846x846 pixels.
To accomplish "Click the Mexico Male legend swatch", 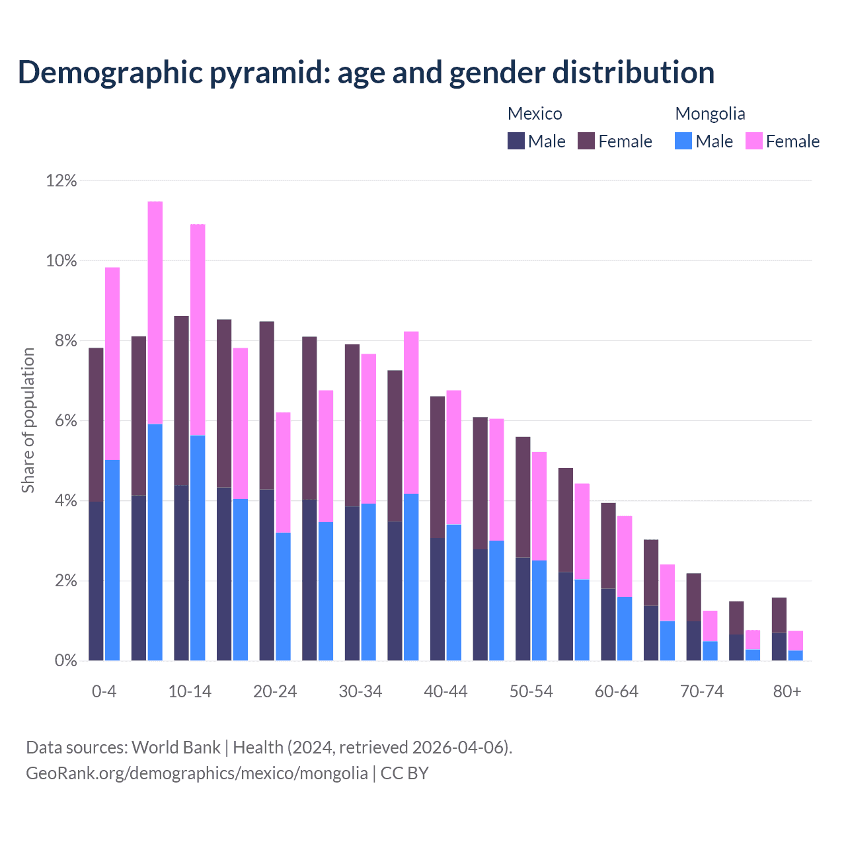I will tap(516, 141).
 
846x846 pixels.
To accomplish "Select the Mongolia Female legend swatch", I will tap(754, 141).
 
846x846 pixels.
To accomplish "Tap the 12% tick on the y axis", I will tap(61, 180).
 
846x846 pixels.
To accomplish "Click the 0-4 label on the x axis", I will tap(104, 691).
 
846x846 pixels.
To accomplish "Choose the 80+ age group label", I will tap(787, 691).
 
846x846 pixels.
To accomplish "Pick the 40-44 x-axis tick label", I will tap(445, 691).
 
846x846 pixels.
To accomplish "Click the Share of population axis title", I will tap(28, 420).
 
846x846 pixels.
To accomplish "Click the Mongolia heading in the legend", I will tap(710, 114).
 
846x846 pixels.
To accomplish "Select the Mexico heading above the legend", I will tap(535, 114).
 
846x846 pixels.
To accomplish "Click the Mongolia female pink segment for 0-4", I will tap(112, 364).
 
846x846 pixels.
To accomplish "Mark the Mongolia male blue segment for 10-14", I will tap(198, 548).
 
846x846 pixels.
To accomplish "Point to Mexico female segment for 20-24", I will tap(267, 405).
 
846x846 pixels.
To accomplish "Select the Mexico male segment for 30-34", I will tap(352, 584).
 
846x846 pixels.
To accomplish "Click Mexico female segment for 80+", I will tap(779, 615).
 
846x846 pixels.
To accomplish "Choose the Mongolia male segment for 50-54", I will tap(539, 611).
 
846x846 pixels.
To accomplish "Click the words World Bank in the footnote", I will tap(176, 748).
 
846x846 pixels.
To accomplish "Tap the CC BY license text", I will tap(404, 773).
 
